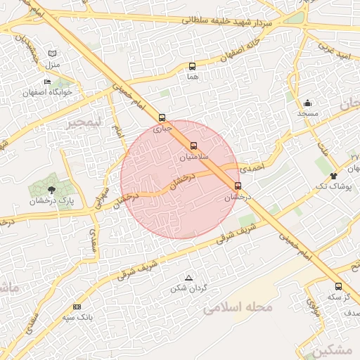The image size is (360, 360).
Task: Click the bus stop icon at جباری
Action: point(163,117)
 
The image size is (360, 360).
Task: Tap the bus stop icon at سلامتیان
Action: point(194,146)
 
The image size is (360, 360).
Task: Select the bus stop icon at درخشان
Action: point(238,186)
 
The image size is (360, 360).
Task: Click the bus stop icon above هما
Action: point(193,67)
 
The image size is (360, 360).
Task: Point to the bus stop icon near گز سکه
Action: point(339,286)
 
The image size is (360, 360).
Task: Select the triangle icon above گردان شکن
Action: point(188,278)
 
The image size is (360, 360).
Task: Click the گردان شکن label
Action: point(188,288)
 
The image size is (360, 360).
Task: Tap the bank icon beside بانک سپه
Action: point(77,307)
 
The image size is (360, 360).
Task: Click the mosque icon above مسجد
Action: point(308,103)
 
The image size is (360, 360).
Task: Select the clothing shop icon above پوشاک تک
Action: point(333,175)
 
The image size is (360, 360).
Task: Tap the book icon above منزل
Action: point(53,53)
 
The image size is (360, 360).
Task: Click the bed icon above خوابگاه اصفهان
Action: point(48,82)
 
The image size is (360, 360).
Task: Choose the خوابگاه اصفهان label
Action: point(48,92)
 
